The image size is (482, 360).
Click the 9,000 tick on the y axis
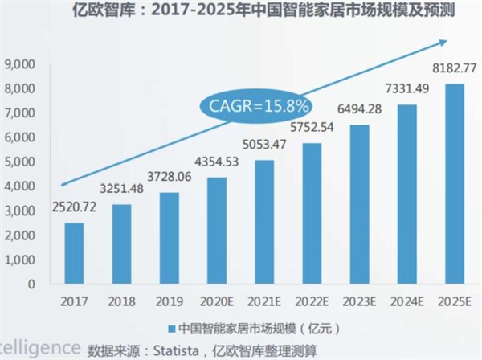[x=22, y=64]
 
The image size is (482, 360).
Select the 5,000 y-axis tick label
[x=22, y=162]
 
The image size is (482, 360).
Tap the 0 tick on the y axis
[x=31, y=284]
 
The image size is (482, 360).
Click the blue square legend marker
[x=171, y=327]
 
